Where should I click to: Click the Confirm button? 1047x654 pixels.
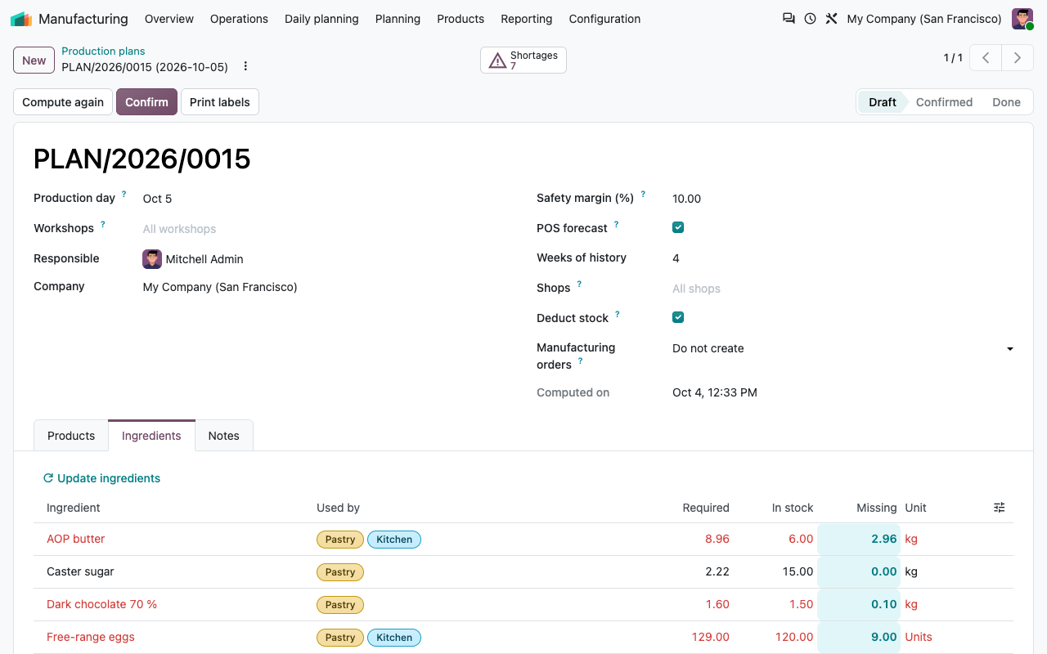(x=146, y=102)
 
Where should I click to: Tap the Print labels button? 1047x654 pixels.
(x=220, y=102)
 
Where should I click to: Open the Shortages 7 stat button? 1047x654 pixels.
(x=523, y=60)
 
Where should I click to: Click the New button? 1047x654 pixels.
(x=34, y=60)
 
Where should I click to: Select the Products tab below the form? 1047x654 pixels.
(x=71, y=436)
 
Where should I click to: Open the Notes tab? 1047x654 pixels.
(x=224, y=436)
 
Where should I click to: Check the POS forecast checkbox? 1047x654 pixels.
(x=678, y=227)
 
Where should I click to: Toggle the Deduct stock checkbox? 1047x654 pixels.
(x=678, y=317)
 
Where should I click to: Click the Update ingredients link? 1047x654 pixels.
(x=101, y=478)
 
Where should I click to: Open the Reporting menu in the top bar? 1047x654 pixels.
(x=526, y=19)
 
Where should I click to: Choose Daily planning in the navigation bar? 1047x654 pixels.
(x=321, y=19)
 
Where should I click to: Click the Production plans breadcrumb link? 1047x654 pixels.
(x=103, y=51)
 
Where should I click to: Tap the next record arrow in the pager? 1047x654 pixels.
(x=1017, y=58)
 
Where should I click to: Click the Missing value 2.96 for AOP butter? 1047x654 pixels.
(x=884, y=539)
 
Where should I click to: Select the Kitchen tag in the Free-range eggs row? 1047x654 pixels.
(x=394, y=637)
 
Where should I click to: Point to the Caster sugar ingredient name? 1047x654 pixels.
(x=80, y=571)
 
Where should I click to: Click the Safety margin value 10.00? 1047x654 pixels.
(x=686, y=199)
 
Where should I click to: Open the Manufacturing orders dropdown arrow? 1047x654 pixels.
(x=1009, y=349)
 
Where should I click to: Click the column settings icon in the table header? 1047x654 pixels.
(x=999, y=508)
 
